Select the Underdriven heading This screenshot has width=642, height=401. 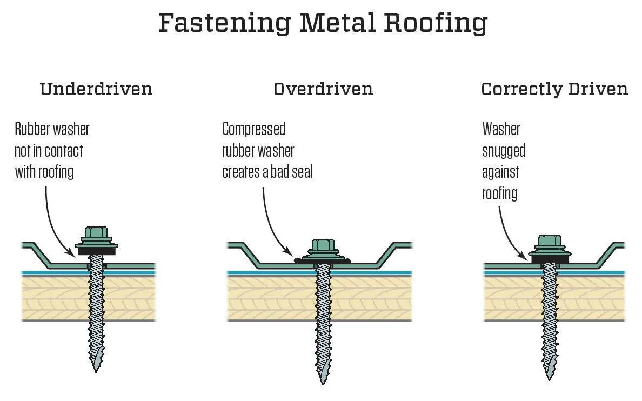pos(96,89)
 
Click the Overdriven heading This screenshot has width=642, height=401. pos(323,89)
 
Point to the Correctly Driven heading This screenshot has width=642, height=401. pos(554,89)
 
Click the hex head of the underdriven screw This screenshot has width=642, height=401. pos(95,233)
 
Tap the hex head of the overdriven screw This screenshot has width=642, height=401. pos(323,246)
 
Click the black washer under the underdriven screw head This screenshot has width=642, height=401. pos(95,250)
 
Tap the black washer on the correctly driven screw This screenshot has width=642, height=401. pos(551,259)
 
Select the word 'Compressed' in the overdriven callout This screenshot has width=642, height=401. pos(253,129)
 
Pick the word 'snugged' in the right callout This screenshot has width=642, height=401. pos(503,150)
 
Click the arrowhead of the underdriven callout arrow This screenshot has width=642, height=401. pos(73,254)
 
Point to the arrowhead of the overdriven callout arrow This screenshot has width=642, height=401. pos(292,253)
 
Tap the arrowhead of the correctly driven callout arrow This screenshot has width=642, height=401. pos(526,256)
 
